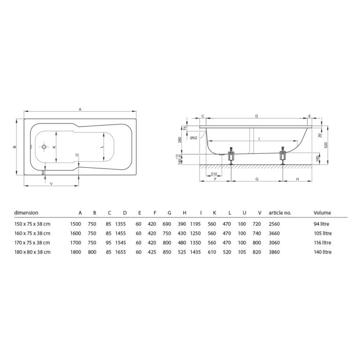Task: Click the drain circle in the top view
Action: pyautogui.click(x=44, y=147)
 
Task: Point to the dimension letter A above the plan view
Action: pyautogui.click(x=80, y=109)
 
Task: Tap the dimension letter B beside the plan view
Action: pyautogui.click(x=15, y=147)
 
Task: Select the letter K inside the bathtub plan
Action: pyautogui.click(x=54, y=147)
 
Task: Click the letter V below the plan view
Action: pyautogui.click(x=51, y=183)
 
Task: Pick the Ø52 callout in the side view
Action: pyautogui.click(x=194, y=137)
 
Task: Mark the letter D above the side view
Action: pyautogui.click(x=256, y=116)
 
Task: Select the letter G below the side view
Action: pyautogui.click(x=256, y=180)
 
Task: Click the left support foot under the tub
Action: pyautogui.click(x=231, y=157)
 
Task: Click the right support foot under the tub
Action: pyautogui.click(x=282, y=157)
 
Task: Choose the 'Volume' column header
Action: pyautogui.click(x=322, y=212)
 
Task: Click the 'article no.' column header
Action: pyautogui.click(x=280, y=212)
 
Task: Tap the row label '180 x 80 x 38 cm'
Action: pyautogui.click(x=32, y=252)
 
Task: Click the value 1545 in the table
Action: pyautogui.click(x=121, y=243)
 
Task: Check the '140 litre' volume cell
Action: pyautogui.click(x=323, y=252)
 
